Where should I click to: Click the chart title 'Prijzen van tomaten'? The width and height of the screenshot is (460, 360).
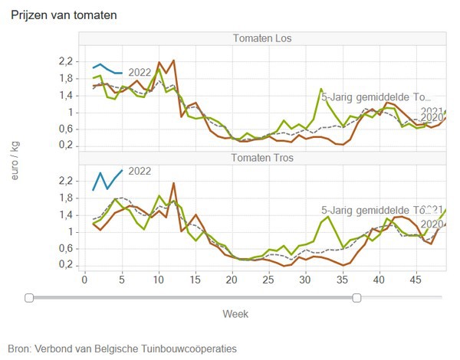point(64,15)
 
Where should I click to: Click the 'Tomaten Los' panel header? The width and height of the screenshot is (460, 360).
point(261,39)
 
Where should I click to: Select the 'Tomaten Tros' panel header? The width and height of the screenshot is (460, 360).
point(261,159)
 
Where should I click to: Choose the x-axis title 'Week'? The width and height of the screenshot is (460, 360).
point(235,313)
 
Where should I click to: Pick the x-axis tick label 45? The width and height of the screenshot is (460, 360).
point(416,280)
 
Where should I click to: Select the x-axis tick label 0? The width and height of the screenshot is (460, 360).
point(84,280)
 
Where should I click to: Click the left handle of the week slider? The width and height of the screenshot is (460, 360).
point(29,297)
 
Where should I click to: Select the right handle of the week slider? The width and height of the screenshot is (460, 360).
point(357,297)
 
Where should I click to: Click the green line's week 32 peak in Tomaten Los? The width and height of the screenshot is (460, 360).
point(320,89)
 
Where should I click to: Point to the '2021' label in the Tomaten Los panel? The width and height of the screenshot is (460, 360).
point(431,110)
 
